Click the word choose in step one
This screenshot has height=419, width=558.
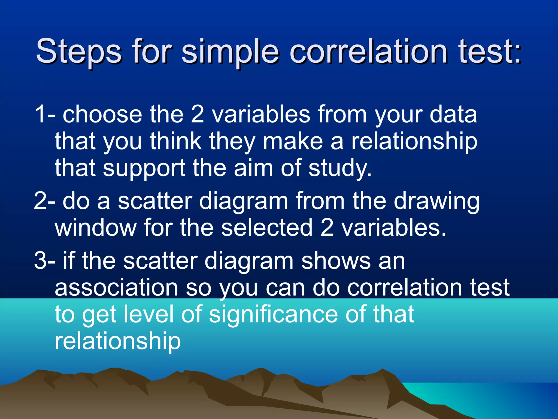(102, 115)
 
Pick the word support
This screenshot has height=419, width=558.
(144, 169)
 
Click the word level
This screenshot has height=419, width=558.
(148, 314)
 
